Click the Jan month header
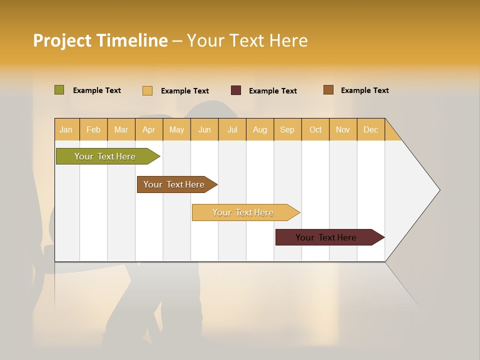click(66, 129)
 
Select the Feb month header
click(93, 129)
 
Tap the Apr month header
click(148, 129)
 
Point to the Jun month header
click(204, 129)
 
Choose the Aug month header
click(260, 129)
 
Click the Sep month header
click(287, 129)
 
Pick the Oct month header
click(315, 129)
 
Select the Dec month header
click(370, 129)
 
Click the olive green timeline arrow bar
click(105, 156)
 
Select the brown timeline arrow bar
click(174, 184)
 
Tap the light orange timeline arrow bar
click(243, 212)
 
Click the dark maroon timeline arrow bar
click(326, 237)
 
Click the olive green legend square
click(59, 90)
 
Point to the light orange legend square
click(147, 90)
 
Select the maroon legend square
click(236, 90)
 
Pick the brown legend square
click(328, 90)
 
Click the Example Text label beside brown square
click(364, 90)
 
